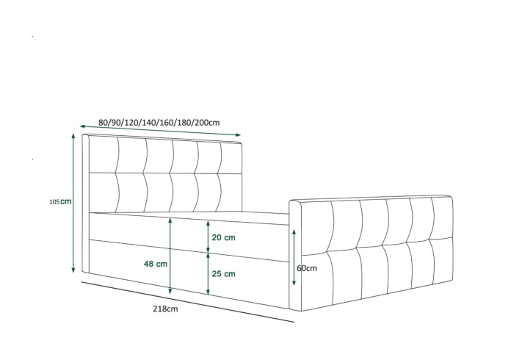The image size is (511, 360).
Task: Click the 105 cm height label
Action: [x=60, y=201]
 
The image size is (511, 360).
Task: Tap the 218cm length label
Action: [x=165, y=309]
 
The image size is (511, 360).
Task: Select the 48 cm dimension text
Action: [x=156, y=264]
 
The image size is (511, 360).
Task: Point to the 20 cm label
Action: [x=223, y=237]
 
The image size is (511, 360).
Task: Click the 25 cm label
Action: [x=223, y=273]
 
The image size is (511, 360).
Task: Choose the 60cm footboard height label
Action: [x=307, y=268]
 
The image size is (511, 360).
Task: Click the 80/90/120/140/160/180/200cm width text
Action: [x=159, y=122]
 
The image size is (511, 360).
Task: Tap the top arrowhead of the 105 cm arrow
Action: [x=73, y=136]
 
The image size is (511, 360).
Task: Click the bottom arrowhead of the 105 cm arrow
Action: [x=73, y=270]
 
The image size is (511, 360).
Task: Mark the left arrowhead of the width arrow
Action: [x=83, y=126]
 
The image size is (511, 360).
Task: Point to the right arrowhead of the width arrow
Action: [x=238, y=134]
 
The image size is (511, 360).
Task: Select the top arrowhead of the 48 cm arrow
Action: [x=170, y=221]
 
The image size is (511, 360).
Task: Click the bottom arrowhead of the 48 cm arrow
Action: [x=170, y=290]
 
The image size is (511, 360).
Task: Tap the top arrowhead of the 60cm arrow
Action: [x=294, y=232]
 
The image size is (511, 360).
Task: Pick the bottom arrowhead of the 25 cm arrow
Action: [x=208, y=291]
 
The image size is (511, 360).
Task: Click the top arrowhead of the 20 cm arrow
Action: [x=208, y=223]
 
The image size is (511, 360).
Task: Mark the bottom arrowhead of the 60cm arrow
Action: [x=294, y=281]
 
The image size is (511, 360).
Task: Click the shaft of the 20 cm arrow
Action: [x=208, y=237]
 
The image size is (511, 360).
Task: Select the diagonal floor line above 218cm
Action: [x=188, y=302]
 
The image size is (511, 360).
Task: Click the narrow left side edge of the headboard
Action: [x=85, y=204]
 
